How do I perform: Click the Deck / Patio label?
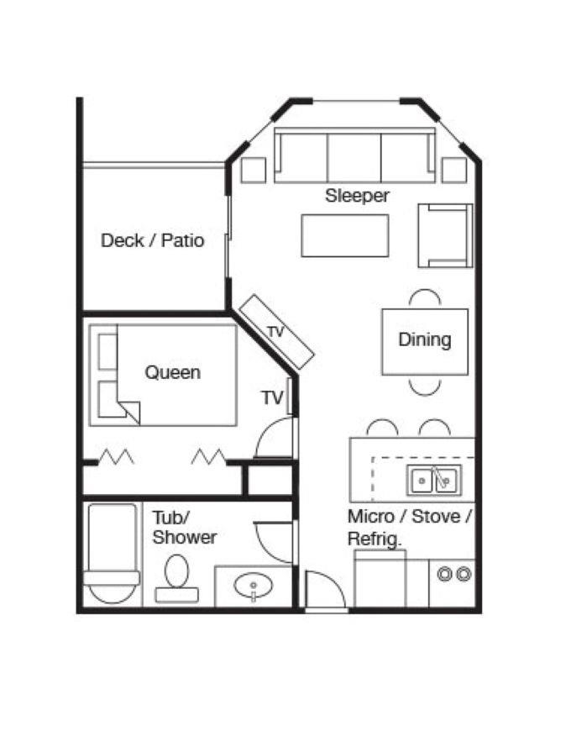[153, 240]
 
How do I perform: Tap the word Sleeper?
[357, 196]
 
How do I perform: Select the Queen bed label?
[173, 372]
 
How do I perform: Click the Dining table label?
[425, 339]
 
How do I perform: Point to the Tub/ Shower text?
[185, 528]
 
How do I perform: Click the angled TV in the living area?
[276, 331]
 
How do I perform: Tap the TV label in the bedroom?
[273, 398]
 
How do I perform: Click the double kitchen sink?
[434, 479]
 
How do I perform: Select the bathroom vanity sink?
[254, 586]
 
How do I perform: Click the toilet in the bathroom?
[177, 578]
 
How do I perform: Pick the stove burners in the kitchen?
[454, 574]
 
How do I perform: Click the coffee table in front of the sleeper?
[345, 235]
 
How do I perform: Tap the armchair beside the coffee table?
[445, 235]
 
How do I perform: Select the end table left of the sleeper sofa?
[254, 170]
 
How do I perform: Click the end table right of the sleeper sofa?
[454, 170]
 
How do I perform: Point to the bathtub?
[113, 554]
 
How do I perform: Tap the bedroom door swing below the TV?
[274, 437]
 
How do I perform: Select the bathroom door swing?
[273, 542]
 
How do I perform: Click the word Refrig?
[375, 539]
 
